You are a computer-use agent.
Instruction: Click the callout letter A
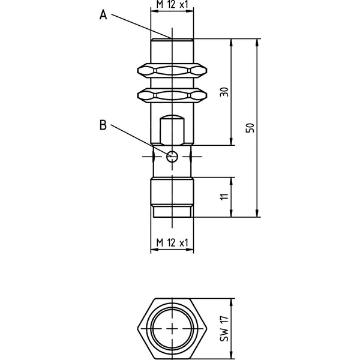click(103, 16)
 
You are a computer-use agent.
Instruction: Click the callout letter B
click(103, 125)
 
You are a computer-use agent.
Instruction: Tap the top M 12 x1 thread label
click(172, 4)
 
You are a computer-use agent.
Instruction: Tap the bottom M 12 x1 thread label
click(172, 242)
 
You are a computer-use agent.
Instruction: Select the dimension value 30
click(224, 92)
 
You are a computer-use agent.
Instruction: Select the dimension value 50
click(250, 128)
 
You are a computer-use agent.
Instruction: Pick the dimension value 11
click(224, 197)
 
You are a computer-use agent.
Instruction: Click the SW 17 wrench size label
click(224, 329)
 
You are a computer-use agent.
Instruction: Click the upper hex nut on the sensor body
click(172, 70)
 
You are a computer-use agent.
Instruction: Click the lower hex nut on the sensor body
click(172, 95)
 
